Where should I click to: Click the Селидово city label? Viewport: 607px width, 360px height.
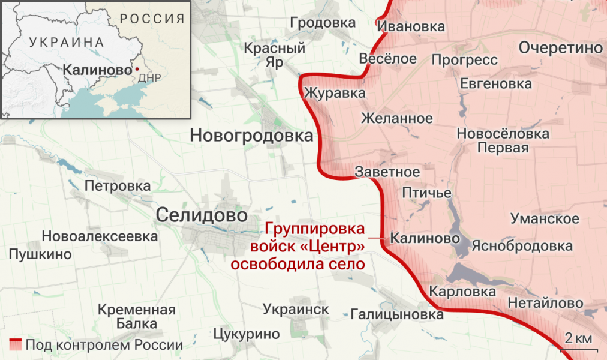(202, 214)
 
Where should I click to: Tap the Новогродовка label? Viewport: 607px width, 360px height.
(251, 136)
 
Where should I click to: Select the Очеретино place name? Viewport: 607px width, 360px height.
(561, 48)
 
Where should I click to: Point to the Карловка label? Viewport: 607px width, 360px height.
(462, 292)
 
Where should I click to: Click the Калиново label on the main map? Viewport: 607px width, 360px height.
(425, 238)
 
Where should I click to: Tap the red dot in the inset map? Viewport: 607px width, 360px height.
(137, 69)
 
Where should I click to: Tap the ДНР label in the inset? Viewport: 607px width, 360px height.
(149, 78)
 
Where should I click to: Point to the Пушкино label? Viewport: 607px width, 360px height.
(40, 254)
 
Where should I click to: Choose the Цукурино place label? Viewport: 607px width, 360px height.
(247, 334)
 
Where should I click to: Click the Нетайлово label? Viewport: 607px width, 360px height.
(545, 304)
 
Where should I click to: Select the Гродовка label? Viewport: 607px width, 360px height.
(322, 23)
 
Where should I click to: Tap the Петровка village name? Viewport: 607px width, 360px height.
(118, 186)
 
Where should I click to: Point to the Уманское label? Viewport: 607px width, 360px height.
(545, 218)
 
